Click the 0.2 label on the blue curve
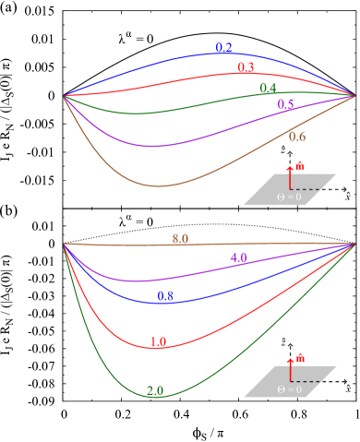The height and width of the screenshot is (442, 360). click(x=223, y=48)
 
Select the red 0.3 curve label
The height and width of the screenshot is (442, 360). click(x=246, y=68)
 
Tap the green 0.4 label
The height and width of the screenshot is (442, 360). click(x=268, y=89)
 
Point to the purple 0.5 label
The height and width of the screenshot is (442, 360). click(x=285, y=104)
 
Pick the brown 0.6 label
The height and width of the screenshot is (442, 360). click(x=296, y=137)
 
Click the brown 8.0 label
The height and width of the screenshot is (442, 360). click(x=180, y=239)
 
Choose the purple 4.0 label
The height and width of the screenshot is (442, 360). click(x=238, y=258)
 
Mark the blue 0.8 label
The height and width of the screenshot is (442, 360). click(x=165, y=296)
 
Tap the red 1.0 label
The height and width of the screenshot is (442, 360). click(x=158, y=342)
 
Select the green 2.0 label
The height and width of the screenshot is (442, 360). click(x=155, y=391)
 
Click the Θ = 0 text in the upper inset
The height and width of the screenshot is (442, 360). click(x=289, y=197)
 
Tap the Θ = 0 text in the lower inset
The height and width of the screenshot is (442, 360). click(x=289, y=389)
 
